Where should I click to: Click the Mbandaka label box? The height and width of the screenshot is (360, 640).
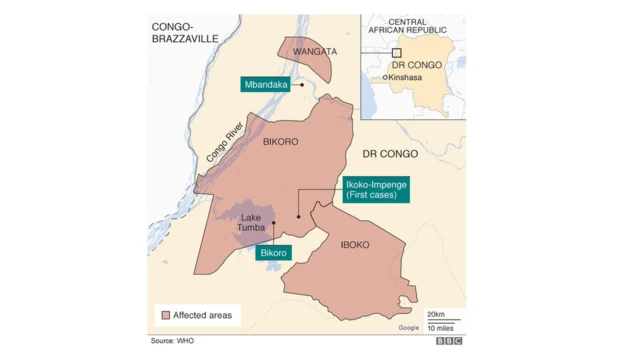tap(266, 85)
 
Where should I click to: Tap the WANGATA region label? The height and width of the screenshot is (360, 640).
tap(306, 51)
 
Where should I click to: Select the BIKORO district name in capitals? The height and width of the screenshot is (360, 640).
tap(280, 142)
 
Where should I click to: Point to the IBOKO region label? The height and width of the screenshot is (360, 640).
tap(355, 244)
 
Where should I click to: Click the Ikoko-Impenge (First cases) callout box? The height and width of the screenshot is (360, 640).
tap(372, 190)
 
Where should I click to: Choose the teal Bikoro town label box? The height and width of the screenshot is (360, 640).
tap(274, 253)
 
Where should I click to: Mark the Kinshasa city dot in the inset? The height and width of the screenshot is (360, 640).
tap(385, 77)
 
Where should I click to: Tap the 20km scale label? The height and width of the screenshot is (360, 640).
tap(438, 314)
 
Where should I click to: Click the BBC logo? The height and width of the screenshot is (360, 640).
tap(449, 342)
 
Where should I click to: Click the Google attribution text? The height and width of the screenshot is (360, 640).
tap(409, 327)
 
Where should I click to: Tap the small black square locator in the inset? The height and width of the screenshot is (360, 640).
tap(396, 52)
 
